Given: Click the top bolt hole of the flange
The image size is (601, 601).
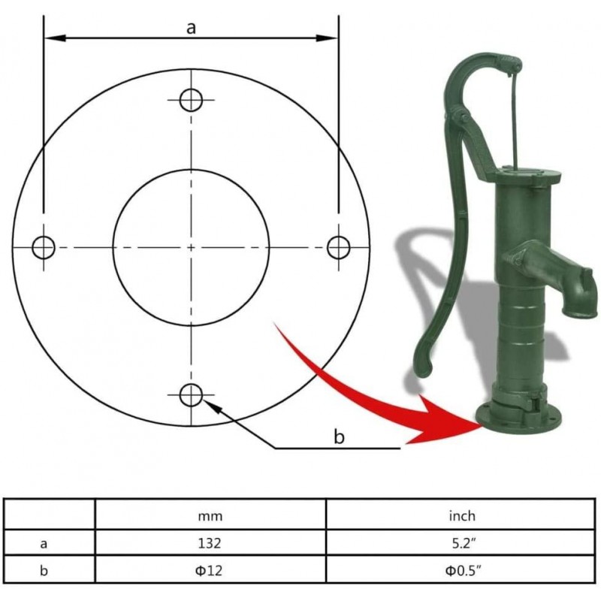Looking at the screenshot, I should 192,99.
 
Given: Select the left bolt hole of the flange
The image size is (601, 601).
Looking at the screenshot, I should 44,246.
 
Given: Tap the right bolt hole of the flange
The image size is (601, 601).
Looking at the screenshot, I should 339,246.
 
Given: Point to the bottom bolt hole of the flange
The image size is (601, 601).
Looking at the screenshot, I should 192,394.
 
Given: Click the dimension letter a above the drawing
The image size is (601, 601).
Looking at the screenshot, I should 191,28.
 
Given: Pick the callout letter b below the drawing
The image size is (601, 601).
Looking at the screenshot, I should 339,437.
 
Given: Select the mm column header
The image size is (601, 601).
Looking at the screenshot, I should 210,515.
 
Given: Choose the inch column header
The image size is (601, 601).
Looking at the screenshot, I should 463,515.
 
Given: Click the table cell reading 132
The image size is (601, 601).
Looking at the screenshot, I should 210,542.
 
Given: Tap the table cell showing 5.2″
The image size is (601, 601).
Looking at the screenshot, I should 463,542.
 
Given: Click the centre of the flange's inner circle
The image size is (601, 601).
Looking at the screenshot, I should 192,246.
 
